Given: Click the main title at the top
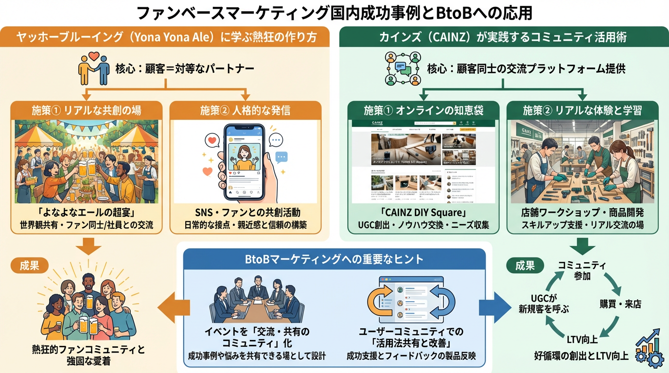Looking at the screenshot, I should pos(334,13).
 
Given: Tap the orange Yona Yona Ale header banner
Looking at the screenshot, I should pos(165,37).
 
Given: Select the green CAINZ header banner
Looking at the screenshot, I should pos(503,37).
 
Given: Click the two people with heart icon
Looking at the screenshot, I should pos(94,68).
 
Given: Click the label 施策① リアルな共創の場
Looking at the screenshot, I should pos(87,110).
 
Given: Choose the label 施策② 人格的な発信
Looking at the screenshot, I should pos(245,110).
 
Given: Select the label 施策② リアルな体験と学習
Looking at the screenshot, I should pos(583,110).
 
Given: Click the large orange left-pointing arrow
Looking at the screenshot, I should pos(173,307).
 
